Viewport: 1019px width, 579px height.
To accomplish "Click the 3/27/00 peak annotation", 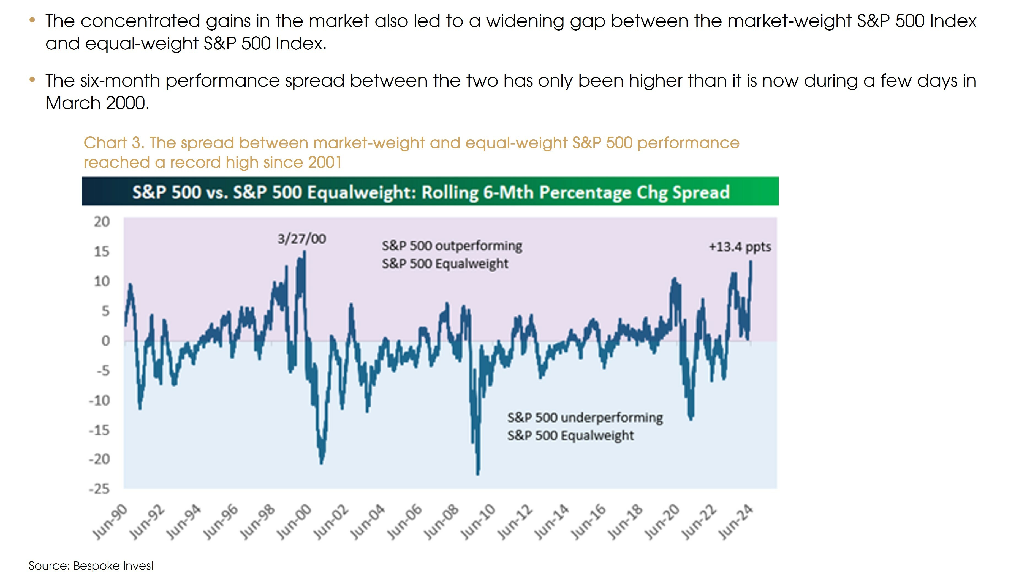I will [x=301, y=239].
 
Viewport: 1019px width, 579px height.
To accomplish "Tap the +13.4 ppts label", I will [x=740, y=247].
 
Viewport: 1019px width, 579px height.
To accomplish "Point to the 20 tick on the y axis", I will [x=102, y=222].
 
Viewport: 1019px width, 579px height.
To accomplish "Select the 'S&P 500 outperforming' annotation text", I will [x=452, y=246].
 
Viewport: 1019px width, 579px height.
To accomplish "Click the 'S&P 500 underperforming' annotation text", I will [x=585, y=418].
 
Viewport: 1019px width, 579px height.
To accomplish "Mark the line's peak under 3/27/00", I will [x=305, y=251].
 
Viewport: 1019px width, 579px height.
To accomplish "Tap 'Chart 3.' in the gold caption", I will [x=114, y=143].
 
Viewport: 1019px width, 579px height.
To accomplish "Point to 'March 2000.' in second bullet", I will [x=97, y=103].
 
